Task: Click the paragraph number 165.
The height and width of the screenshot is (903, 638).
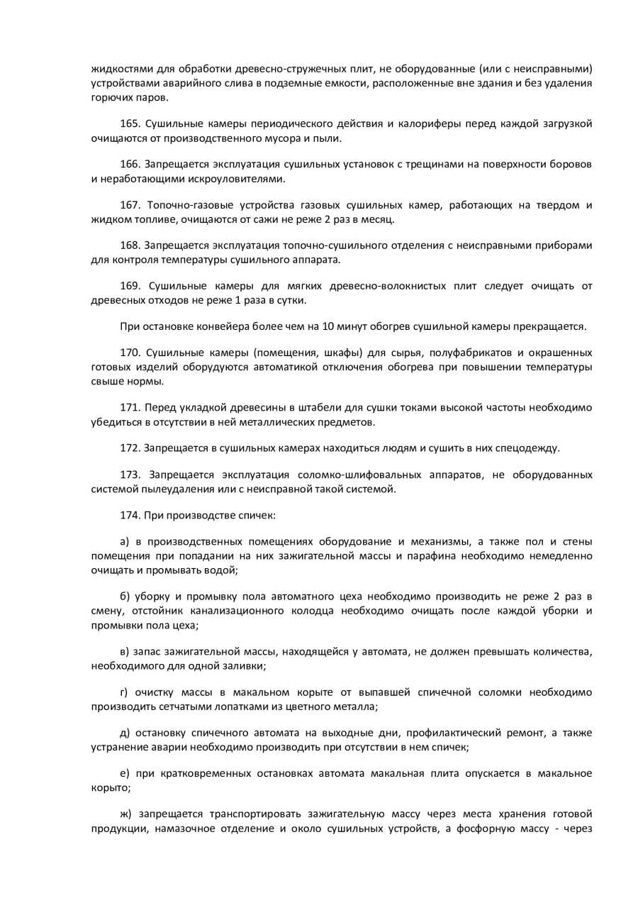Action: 130,124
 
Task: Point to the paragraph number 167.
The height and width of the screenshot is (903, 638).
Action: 130,205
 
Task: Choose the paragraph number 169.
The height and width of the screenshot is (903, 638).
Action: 130,286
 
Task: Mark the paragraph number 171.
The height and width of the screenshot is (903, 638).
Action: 130,407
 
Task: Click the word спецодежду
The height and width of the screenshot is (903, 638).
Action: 531,448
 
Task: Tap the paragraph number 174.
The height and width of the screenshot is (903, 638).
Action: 130,515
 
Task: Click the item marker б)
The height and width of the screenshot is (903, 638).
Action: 126,596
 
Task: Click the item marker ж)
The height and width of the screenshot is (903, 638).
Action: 127,814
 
